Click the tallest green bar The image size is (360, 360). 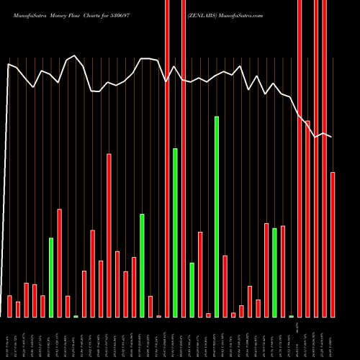(x=217, y=216)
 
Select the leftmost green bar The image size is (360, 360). (x=51, y=277)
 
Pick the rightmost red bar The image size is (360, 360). (x=333, y=244)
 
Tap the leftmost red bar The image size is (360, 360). (x=9, y=306)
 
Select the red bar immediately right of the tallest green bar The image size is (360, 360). (x=225, y=286)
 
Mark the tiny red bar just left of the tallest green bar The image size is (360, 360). (x=208, y=315)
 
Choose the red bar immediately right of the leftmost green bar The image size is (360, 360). (x=59, y=263)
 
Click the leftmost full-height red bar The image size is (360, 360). (x=167, y=158)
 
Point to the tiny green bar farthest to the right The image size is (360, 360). (x=291, y=316)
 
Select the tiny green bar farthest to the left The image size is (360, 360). (x=76, y=316)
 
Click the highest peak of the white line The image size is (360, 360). (x=76, y=55)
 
